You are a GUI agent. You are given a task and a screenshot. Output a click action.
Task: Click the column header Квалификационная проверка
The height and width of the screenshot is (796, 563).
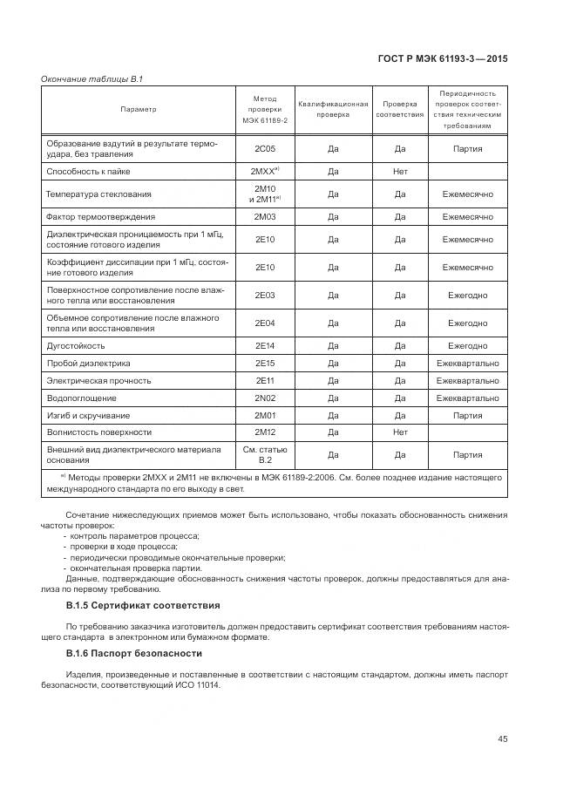pos(333,109)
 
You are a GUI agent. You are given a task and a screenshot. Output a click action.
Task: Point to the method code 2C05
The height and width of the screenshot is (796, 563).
pos(264,149)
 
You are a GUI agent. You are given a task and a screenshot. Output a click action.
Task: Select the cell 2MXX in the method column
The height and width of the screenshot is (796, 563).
pos(264,172)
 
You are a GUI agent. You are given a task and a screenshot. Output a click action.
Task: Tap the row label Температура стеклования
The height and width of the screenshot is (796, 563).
pos(98,194)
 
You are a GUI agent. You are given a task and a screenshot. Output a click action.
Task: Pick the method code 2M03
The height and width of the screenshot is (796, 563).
pos(264,216)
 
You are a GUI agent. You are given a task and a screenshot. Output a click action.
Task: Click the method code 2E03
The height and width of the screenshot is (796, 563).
pos(264,296)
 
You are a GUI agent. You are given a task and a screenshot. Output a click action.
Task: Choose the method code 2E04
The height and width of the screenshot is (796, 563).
pos(264,323)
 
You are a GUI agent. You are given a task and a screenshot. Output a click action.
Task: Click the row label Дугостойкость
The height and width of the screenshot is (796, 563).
pos(75,346)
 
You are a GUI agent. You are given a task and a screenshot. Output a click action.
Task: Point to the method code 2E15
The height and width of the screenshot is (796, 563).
pos(264,363)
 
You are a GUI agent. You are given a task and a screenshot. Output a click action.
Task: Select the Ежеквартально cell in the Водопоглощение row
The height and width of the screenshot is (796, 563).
pos(467,398)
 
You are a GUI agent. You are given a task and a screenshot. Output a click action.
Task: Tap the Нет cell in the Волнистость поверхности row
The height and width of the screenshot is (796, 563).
pos(400,432)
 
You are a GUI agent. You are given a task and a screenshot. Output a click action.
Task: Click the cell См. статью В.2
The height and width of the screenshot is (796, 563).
pos(264,454)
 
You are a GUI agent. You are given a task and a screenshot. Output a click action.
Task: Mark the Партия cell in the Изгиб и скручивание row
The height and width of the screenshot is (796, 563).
pos(467,415)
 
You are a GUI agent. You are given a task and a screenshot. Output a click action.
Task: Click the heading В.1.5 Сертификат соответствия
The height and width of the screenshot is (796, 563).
pos(143,605)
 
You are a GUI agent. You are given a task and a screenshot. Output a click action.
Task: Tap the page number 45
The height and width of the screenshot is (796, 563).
pos(502,739)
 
